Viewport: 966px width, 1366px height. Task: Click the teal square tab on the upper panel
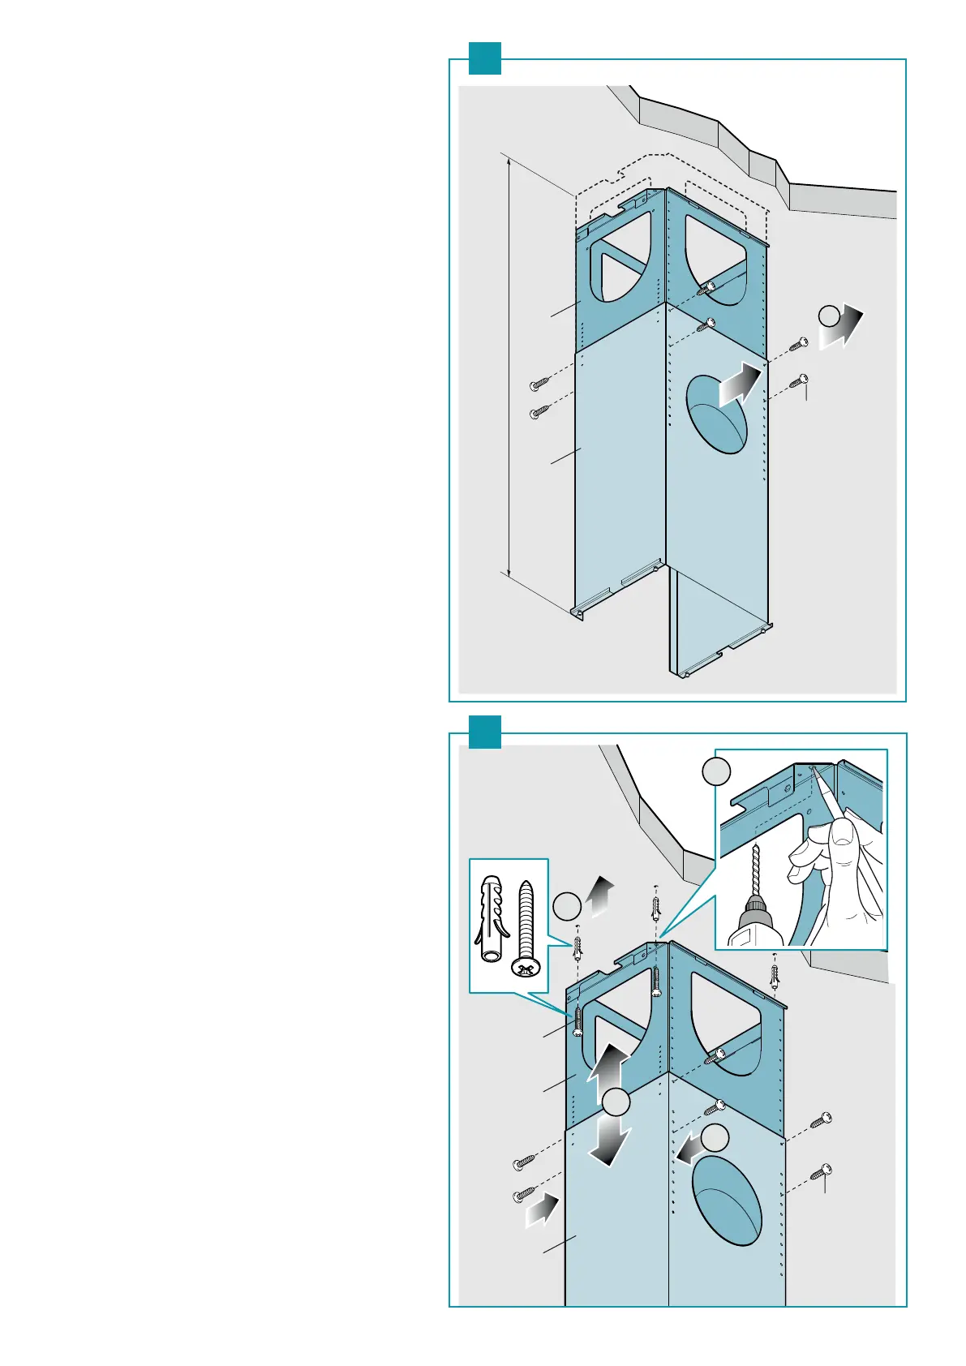pyautogui.click(x=485, y=58)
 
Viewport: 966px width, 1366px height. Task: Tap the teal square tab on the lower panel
pyautogui.click(x=485, y=732)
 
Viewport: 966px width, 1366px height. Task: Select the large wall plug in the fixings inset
pyautogui.click(x=491, y=917)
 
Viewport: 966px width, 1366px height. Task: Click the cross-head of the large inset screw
pyautogui.click(x=526, y=967)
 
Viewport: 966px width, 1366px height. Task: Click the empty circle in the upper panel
pyautogui.click(x=828, y=316)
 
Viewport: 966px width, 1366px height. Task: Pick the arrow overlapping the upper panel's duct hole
pyautogui.click(x=741, y=384)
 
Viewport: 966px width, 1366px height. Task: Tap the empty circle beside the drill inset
pyautogui.click(x=716, y=771)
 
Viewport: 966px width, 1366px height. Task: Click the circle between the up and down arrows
pyautogui.click(x=616, y=1102)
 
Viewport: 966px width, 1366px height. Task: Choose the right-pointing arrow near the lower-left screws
pyautogui.click(x=543, y=1209)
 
